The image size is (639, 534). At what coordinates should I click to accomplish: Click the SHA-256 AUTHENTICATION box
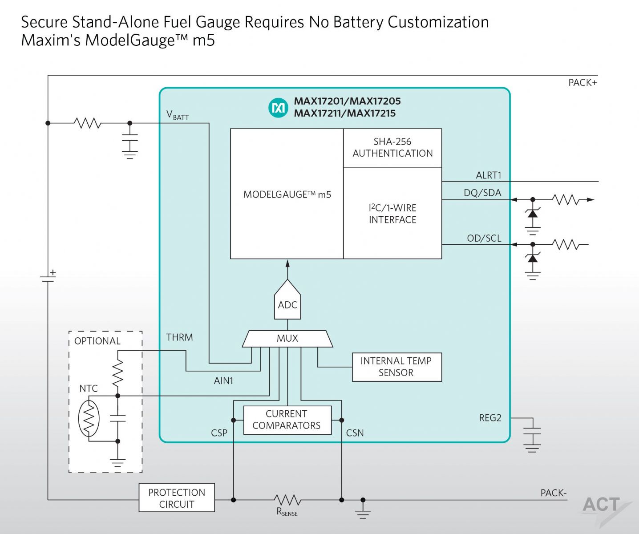coord(392,148)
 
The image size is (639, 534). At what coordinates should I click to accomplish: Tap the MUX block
coord(287,339)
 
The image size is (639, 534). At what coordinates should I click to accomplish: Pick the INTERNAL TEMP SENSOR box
coord(396,367)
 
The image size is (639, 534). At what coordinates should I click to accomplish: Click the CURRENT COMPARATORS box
coord(287,420)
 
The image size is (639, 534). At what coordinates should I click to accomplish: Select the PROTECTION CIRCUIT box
coord(177,497)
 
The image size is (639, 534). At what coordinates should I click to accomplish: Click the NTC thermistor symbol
coord(89,418)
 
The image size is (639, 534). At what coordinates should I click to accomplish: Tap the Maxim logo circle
coord(278,108)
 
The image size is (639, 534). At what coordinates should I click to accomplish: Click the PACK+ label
coord(582,83)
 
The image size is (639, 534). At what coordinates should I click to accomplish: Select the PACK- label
coord(553,493)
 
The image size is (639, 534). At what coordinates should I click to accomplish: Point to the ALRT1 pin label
coord(489,175)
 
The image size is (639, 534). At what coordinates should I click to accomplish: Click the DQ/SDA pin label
coord(483,193)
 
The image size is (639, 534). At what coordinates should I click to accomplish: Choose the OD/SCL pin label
coord(484,239)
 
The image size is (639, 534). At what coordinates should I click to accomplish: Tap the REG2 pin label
coord(490,418)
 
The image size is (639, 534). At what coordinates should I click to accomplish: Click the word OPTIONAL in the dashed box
coord(97,341)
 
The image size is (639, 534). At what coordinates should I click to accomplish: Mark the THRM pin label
coord(179,337)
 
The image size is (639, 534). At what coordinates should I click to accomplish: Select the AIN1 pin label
coord(223,380)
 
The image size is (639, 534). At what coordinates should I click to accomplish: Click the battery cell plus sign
coord(53,272)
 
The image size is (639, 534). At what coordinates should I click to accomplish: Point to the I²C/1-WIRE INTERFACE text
coord(392,214)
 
